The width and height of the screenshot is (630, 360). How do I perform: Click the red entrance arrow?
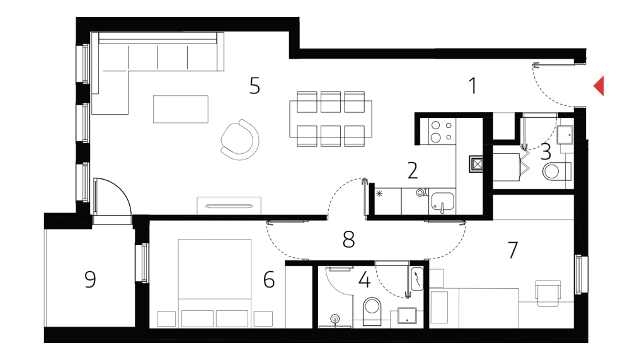click(599, 86)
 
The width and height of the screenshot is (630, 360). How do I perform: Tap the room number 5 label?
click(255, 86)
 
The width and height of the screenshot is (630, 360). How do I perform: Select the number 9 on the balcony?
click(91, 279)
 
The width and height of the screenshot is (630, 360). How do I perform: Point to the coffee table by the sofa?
click(181, 109)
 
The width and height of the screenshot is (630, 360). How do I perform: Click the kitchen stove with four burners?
click(441, 131)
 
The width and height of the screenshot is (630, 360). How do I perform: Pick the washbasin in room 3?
click(565, 134)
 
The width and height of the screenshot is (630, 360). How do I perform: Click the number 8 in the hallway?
click(348, 239)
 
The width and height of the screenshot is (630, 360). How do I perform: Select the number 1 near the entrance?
click(473, 86)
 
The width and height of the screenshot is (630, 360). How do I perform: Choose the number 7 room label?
click(512, 250)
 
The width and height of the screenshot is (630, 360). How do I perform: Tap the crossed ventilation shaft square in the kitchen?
click(476, 165)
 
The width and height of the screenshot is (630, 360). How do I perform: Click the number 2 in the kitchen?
click(413, 170)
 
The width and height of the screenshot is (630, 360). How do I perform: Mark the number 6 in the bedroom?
click(269, 279)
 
